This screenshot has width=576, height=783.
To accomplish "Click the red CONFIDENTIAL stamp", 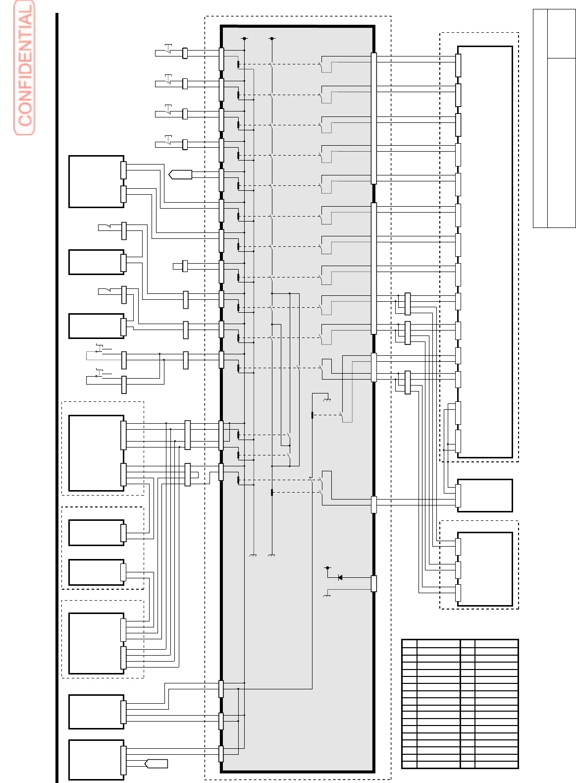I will pyautogui.click(x=24, y=68).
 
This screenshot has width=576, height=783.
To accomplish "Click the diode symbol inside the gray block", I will pyautogui.click(x=340, y=577).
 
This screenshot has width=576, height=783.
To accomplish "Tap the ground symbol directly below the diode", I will pyautogui.click(x=326, y=595).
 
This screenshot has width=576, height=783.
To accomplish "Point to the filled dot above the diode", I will pyautogui.click(x=327, y=568).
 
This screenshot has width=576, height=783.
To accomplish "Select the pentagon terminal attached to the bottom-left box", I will pyautogui.click(x=156, y=764).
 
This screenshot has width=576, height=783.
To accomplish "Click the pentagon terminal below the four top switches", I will pyautogui.click(x=180, y=174).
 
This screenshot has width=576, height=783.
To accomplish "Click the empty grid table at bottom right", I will pyautogui.click(x=460, y=704).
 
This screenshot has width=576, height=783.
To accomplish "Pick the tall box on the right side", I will pyautogui.click(x=485, y=252).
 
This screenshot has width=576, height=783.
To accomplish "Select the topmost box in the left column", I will pyautogui.click(x=96, y=181).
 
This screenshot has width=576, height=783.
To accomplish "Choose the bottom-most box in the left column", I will pyautogui.click(x=96, y=760).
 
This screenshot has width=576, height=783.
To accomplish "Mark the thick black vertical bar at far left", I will pyautogui.click(x=57, y=396).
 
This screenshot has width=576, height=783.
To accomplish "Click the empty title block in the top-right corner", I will pyautogui.click(x=554, y=118).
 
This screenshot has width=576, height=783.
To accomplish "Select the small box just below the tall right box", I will pyautogui.click(x=485, y=495).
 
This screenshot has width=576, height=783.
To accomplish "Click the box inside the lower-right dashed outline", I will pyautogui.click(x=485, y=569).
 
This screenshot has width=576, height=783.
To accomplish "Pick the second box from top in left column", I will pyautogui.click(x=96, y=262).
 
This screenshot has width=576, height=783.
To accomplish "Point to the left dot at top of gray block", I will pyautogui.click(x=244, y=38).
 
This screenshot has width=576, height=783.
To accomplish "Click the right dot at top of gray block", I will pyautogui.click(x=272, y=38).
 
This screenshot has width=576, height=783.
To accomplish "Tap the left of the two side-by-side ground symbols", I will pyautogui.click(x=253, y=556).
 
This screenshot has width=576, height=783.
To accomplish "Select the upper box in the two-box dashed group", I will pyautogui.click(x=96, y=533).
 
